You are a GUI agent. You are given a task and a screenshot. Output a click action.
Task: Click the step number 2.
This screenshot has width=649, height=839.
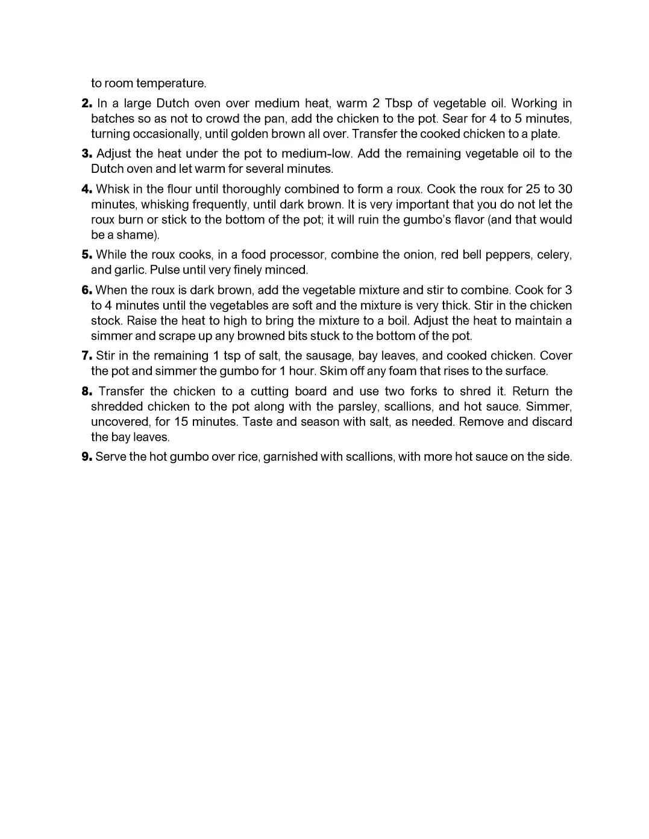tap(86, 104)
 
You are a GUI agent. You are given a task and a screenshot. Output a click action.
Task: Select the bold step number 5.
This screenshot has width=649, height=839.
tap(86, 255)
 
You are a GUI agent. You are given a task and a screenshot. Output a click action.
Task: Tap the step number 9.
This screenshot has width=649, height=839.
tap(86, 457)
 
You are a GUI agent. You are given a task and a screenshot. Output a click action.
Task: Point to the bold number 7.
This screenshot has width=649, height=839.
tap(86, 356)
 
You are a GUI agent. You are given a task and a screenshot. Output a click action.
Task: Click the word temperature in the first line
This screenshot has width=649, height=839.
tap(171, 83)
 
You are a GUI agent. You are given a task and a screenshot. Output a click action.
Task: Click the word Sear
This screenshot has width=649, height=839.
tap(455, 119)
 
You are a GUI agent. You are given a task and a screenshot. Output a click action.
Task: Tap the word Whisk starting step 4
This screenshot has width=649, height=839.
tap(111, 189)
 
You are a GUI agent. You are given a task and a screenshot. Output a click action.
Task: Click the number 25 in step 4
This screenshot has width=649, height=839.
tap(534, 189)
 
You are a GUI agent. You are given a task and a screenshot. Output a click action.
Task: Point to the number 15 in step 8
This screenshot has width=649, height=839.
tap(181, 422)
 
